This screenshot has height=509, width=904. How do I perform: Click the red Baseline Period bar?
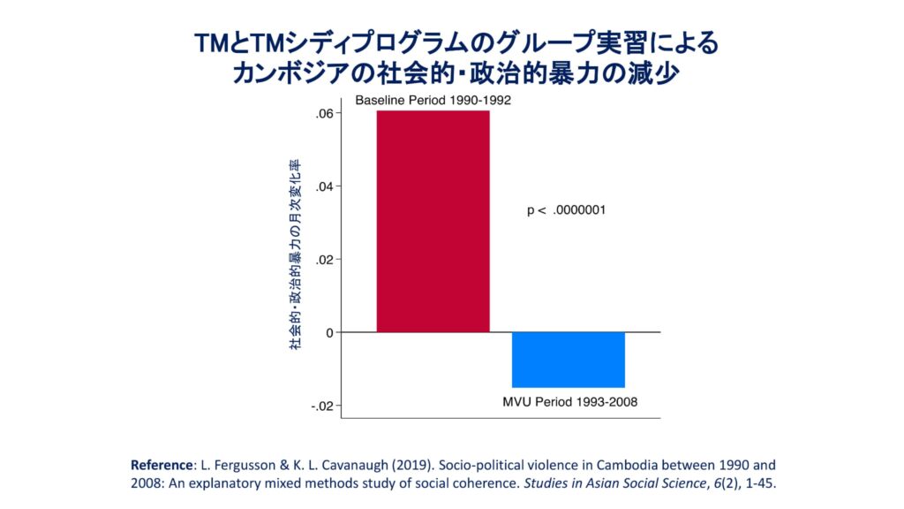433,221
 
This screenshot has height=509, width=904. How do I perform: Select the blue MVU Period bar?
569,360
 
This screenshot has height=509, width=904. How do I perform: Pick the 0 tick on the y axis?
328,332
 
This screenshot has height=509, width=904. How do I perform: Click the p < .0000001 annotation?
565,210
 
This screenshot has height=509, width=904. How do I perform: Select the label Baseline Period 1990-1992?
433,101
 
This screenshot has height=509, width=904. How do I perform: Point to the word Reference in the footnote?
159,464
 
